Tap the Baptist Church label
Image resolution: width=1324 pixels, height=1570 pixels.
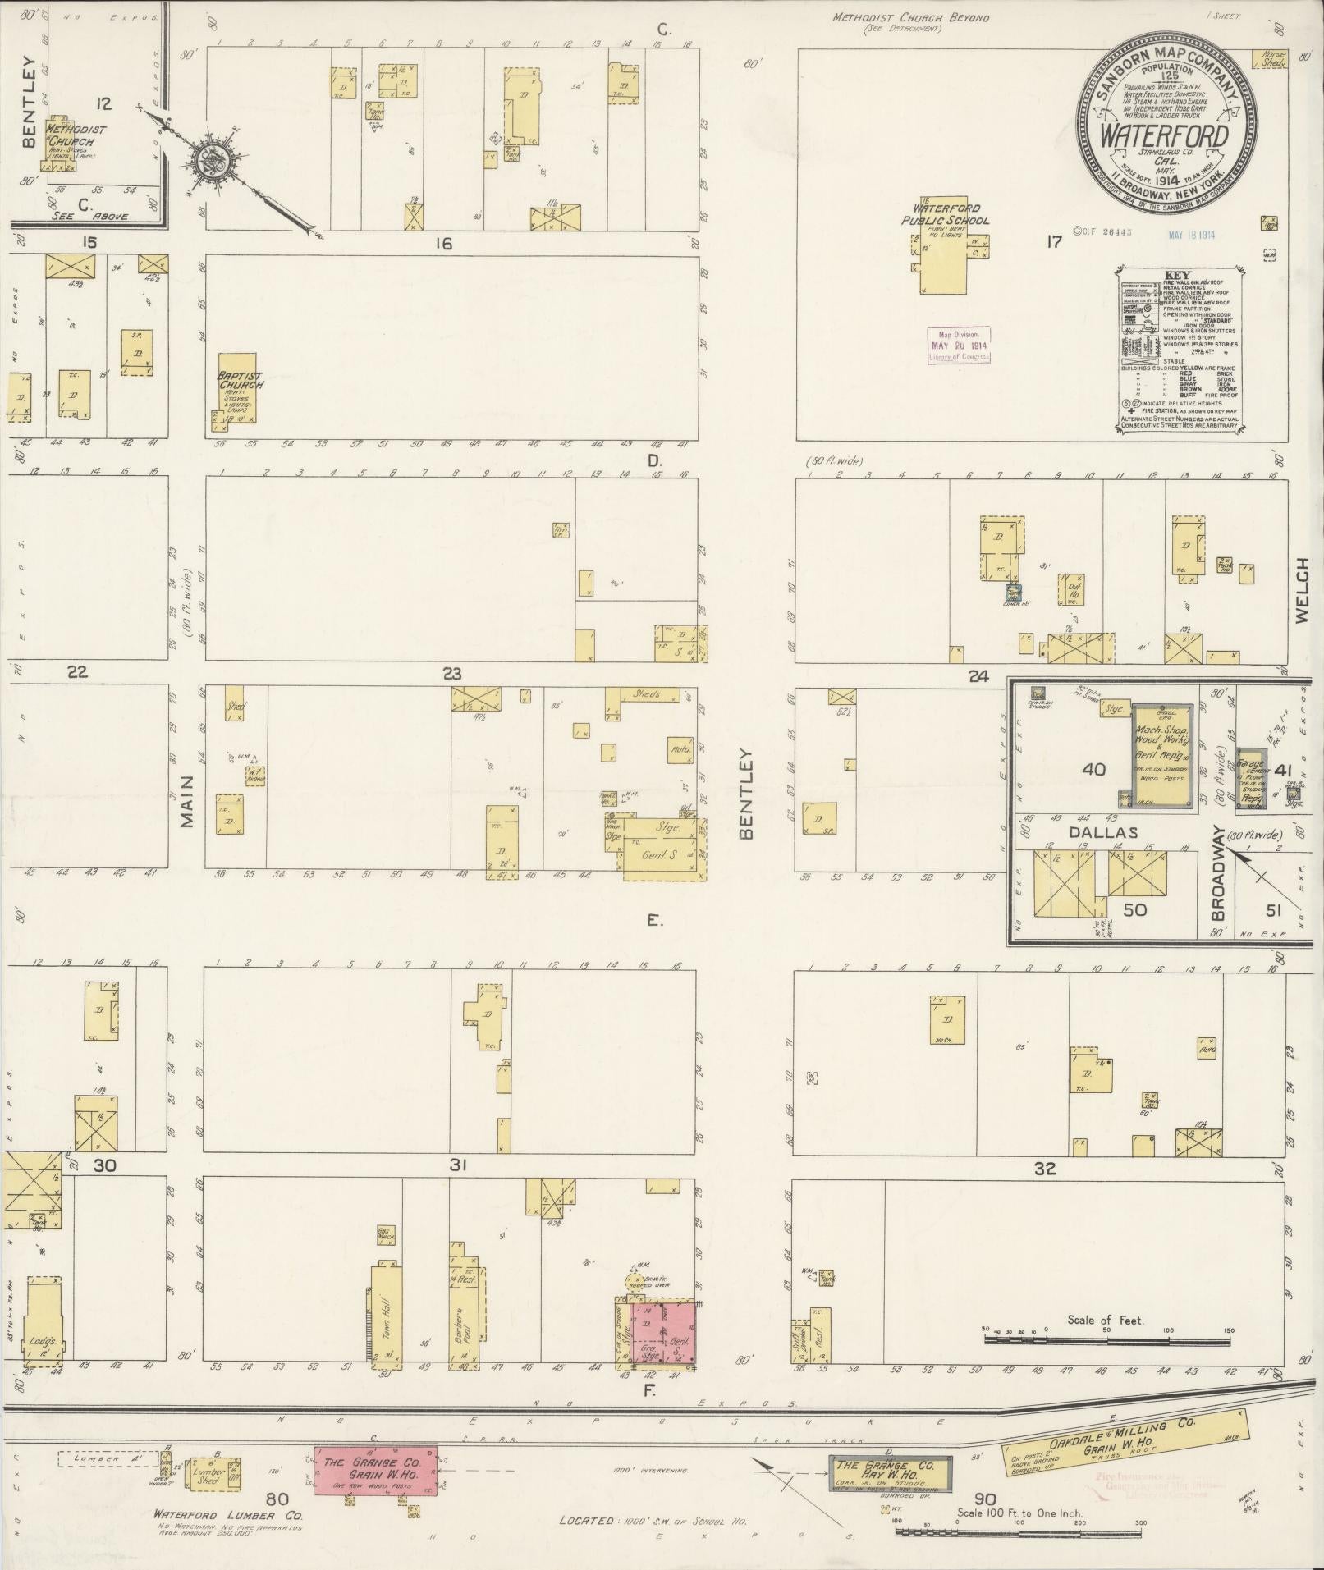241,380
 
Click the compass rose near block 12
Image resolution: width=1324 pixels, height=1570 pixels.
211,159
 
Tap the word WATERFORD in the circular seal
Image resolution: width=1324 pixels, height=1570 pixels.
1164,136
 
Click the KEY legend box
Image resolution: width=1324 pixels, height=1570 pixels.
1180,349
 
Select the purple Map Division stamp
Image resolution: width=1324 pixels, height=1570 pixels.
959,346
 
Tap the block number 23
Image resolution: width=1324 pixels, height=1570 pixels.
451,674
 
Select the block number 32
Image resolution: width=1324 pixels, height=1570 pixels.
1044,1169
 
